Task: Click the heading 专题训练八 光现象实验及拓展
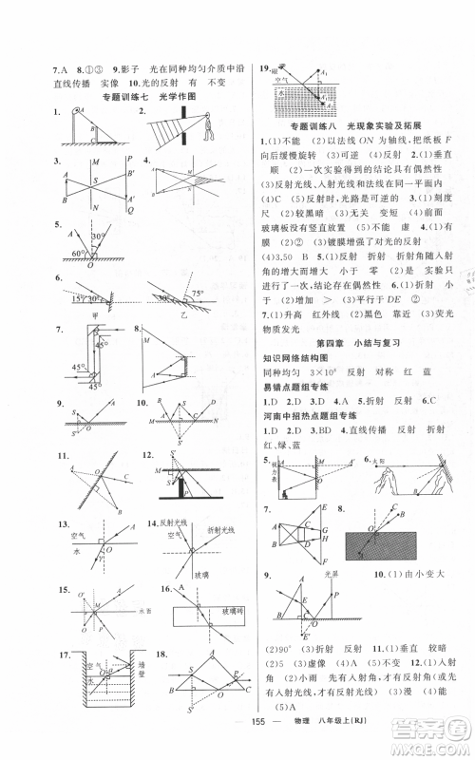[351, 125]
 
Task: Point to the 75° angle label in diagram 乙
[197, 294]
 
